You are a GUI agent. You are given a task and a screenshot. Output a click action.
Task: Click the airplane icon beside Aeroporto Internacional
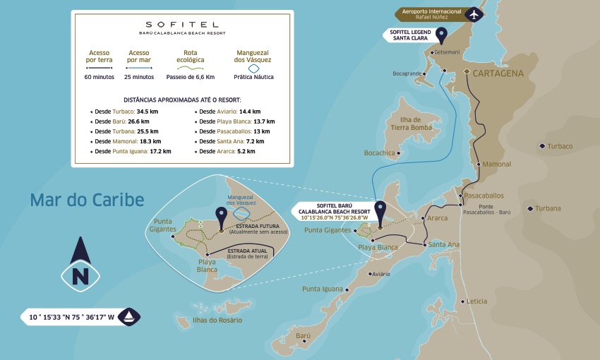click(473, 15)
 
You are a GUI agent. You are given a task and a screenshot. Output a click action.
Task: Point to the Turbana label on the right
click(548, 208)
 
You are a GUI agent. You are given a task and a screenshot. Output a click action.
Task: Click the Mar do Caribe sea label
click(87, 200)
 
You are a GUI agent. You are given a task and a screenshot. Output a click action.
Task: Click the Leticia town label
click(476, 301)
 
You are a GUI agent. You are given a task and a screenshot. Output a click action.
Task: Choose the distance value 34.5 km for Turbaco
click(147, 112)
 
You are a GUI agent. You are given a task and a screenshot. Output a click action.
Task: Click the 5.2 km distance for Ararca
click(246, 151)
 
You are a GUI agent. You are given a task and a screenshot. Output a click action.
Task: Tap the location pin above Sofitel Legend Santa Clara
click(442, 35)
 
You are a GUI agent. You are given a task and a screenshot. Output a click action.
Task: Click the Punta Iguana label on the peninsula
click(321, 289)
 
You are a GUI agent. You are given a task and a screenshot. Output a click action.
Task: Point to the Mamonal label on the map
click(497, 164)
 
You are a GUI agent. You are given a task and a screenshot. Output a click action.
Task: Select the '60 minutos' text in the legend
click(99, 77)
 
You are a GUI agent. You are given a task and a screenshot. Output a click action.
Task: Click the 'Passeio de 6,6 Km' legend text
click(190, 77)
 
